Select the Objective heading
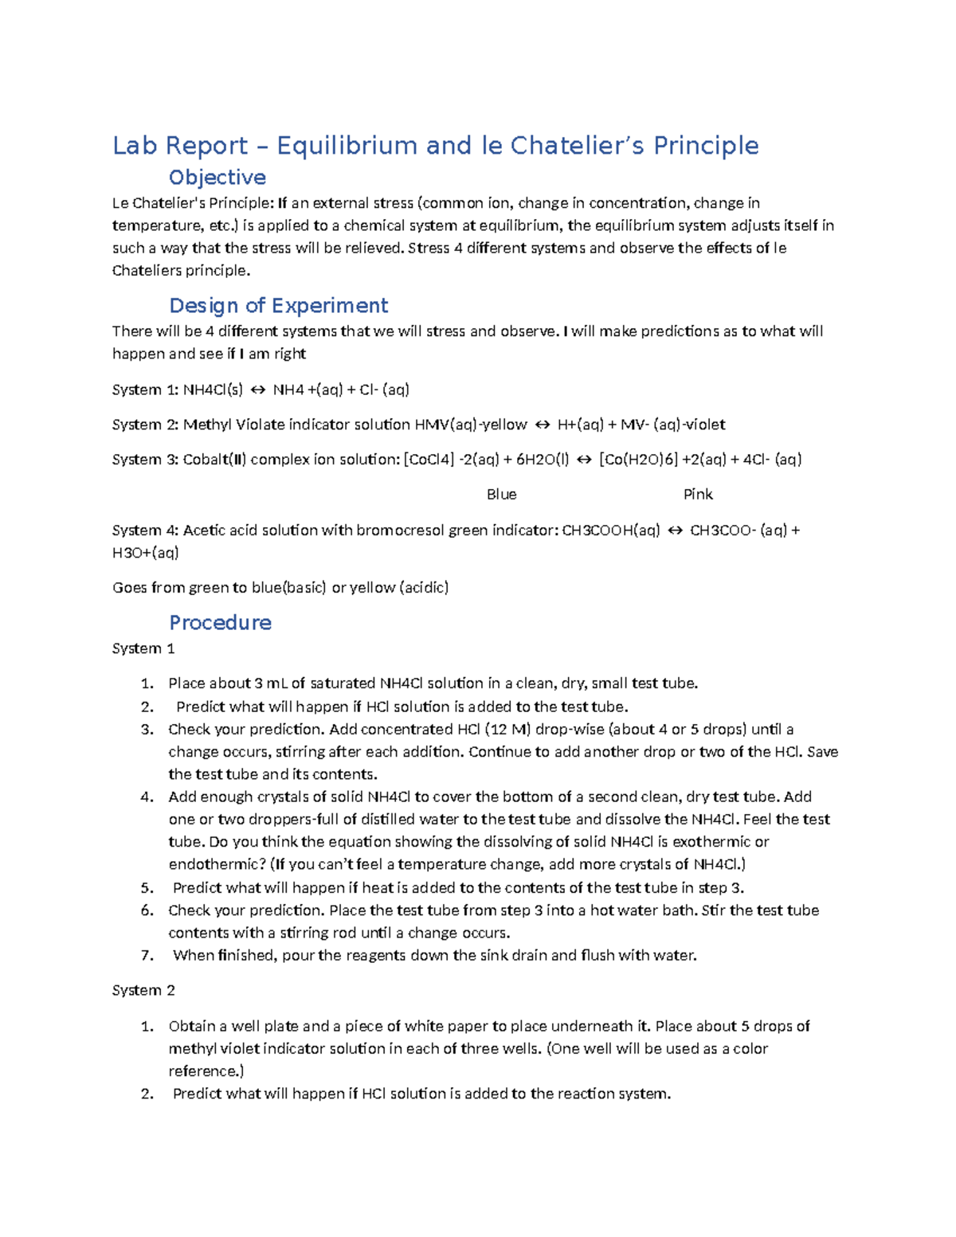[217, 178]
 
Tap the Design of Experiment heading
[278, 306]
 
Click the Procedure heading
[220, 623]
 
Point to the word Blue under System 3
[501, 495]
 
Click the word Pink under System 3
[698, 495]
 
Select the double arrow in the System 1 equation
[257, 389]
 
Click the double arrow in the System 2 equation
[542, 425]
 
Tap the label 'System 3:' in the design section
[145, 460]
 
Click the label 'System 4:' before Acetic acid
[145, 530]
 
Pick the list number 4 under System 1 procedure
[147, 797]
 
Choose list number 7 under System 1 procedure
[147, 955]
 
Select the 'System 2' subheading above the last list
[143, 990]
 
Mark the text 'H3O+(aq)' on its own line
[145, 553]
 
